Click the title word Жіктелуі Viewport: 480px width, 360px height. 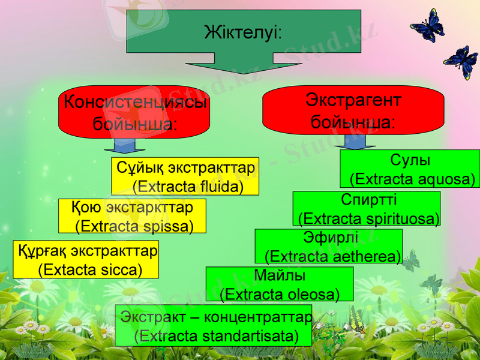(x=243, y=31)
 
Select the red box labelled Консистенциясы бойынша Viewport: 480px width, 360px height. (x=134, y=113)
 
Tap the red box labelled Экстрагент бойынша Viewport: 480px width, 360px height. (x=353, y=110)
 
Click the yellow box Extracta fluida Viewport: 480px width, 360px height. (x=185, y=176)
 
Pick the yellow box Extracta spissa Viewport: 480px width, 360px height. (x=133, y=216)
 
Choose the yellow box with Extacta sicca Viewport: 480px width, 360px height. (x=86, y=259)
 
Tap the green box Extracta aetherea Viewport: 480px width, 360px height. (x=329, y=246)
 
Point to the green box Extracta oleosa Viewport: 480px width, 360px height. (x=280, y=284)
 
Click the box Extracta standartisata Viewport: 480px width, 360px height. (x=214, y=325)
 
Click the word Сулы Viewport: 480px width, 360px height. (x=410, y=160)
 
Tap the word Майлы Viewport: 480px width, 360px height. (x=280, y=275)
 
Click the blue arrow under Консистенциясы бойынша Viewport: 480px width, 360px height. (x=125, y=146)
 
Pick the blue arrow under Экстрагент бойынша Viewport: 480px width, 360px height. (x=355, y=142)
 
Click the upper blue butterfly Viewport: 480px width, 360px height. (x=427, y=27)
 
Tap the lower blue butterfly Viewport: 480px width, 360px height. (x=461, y=61)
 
